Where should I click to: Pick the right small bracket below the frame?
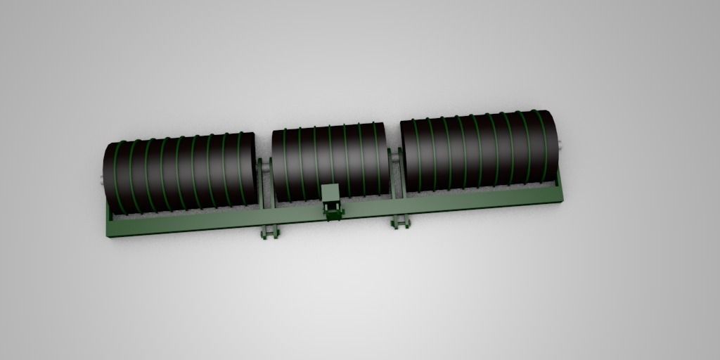pos(400,222)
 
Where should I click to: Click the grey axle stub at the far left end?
pos(101,181)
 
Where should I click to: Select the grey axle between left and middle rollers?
pos(265,167)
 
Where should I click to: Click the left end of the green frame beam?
pos(112,229)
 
